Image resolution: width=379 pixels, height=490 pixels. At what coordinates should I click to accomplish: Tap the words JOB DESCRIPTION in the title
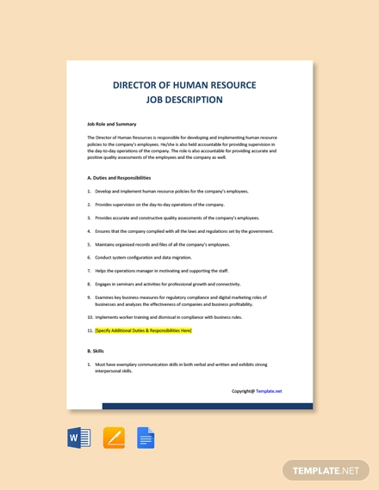click(x=189, y=100)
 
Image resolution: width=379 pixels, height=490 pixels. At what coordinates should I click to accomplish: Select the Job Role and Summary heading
click(x=112, y=124)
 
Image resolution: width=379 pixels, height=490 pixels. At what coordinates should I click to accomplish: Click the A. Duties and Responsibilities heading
click(x=125, y=178)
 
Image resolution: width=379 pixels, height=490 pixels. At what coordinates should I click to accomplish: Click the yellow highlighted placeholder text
click(x=143, y=330)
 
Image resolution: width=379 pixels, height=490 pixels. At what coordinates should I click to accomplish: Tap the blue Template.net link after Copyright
click(x=269, y=391)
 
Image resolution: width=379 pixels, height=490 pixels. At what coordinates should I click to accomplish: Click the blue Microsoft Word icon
click(x=78, y=438)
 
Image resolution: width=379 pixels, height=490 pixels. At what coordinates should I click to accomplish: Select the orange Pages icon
click(x=114, y=438)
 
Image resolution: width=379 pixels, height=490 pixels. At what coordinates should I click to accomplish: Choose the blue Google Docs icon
click(x=146, y=438)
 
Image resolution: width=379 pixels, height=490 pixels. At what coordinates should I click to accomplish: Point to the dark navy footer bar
click(x=208, y=406)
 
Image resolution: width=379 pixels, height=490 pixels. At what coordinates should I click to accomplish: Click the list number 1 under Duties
click(x=89, y=191)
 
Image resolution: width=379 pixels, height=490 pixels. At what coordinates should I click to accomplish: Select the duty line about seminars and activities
click(x=167, y=284)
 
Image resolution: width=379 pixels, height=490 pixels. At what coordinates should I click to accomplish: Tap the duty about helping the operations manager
click(x=161, y=271)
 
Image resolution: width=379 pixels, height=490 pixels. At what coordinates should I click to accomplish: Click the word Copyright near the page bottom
click(x=242, y=391)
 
